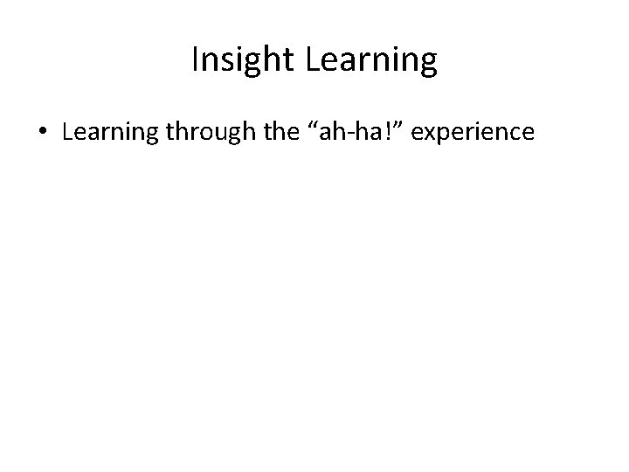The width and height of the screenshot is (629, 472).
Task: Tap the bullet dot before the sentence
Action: [x=43, y=132]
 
